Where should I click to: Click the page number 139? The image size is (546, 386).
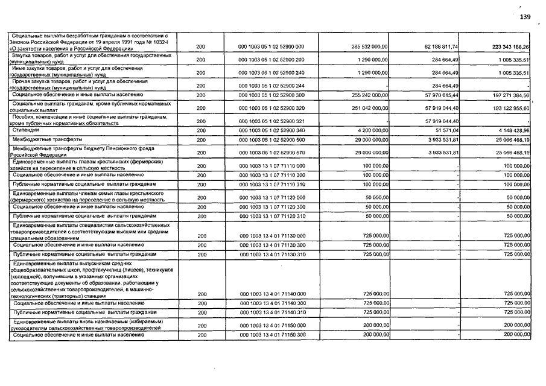tap(525, 17)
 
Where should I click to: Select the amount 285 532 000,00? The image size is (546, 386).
tap(369, 46)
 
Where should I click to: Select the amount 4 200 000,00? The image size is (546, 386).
tap(372, 130)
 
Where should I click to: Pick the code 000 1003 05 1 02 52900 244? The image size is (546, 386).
tap(271, 86)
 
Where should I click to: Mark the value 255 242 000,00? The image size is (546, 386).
tap(369, 95)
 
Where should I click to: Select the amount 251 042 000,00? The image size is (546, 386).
tap(369, 108)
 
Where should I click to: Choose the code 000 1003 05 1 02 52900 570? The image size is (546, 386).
tap(271, 153)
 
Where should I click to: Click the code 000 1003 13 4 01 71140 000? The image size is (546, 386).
tap(271, 294)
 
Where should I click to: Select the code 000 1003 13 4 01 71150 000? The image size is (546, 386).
tap(271, 326)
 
